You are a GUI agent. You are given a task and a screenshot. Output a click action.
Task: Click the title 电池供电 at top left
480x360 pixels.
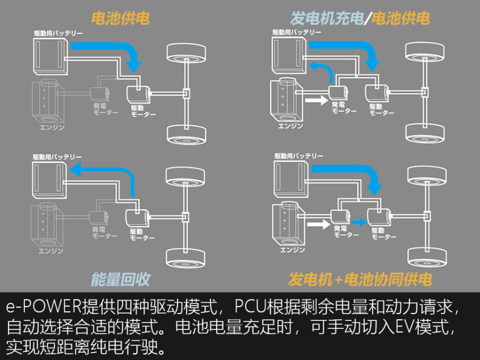click(120, 18)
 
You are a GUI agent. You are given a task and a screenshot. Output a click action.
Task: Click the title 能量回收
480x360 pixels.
click(120, 278)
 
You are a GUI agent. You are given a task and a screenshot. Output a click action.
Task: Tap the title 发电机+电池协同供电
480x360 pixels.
click(360, 279)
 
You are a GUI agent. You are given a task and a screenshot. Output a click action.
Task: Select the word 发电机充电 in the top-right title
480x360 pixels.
click(326, 18)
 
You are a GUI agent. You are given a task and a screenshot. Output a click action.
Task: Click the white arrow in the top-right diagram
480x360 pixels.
click(316, 99)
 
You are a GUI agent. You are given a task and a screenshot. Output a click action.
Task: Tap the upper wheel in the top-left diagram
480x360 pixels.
click(187, 55)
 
